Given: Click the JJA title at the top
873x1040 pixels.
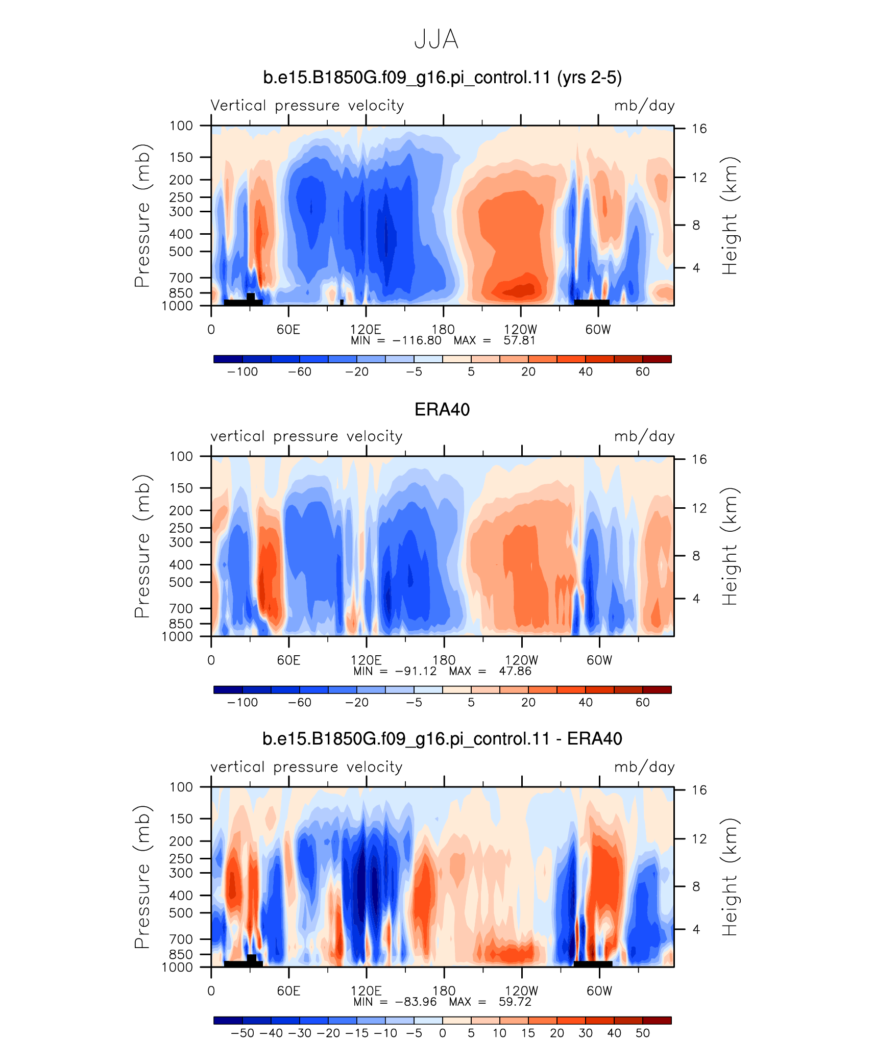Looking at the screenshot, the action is [x=436, y=39].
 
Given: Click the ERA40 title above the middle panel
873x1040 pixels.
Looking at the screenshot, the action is [x=442, y=410].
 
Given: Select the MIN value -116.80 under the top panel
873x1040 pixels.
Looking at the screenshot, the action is [x=417, y=340].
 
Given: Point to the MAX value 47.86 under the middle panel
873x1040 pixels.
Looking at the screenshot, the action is [x=515, y=671].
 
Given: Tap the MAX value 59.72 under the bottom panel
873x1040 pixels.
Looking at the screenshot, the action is [x=515, y=1002].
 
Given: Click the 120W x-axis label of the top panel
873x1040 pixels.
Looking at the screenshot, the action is [x=520, y=330].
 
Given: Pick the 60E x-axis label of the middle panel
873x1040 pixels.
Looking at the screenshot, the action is [x=288, y=660].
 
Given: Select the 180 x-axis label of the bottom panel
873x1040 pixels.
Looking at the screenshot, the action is [x=444, y=991].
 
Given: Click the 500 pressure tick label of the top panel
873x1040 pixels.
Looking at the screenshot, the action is [x=181, y=252].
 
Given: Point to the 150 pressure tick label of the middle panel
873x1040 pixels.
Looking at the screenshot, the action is [x=181, y=488].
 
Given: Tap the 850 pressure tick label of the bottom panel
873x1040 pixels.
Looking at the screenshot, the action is [x=181, y=954].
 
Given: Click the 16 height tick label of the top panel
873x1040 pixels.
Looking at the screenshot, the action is [x=699, y=129].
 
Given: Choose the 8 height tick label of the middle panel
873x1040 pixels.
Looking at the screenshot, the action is [x=696, y=556].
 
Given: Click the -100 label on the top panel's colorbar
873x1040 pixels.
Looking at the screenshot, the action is [x=243, y=372].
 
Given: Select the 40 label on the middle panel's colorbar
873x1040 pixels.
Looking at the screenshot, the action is [x=586, y=702].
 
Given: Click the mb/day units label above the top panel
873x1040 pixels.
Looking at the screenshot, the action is [x=644, y=106].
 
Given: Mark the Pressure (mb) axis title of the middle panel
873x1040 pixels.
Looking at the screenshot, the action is [x=142, y=546].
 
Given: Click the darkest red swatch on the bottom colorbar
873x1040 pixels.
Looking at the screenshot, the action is [x=657, y=1020].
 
